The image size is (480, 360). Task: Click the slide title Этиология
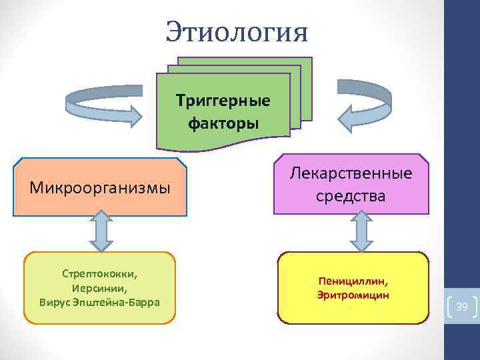(237, 31)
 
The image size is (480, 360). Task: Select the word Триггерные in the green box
(223, 101)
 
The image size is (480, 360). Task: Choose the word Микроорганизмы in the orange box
(100, 188)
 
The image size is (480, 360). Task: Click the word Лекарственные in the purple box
(351, 173)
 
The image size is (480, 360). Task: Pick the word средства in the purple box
(351, 196)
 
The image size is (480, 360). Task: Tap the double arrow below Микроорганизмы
(100, 232)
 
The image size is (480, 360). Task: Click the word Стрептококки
(100, 274)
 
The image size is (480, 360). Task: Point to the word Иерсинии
(100, 288)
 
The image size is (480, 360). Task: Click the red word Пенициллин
(353, 281)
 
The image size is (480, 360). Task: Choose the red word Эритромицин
(353, 295)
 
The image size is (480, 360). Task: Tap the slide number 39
(461, 307)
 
